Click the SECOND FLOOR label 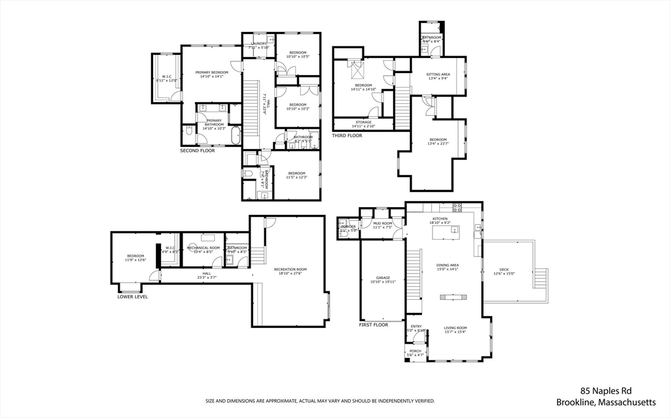coord(198,151)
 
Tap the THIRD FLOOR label coord(347,136)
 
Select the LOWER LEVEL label coord(132,297)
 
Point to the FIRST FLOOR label coord(374,325)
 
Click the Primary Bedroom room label coord(211,72)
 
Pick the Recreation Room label coord(290,269)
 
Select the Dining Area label coord(448,265)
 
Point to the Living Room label coord(455,329)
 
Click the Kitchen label coord(440,219)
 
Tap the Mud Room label coord(382,223)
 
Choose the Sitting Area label coord(438,74)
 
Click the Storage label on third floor coord(364,123)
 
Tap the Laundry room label coord(258,44)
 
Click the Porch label coord(415,351)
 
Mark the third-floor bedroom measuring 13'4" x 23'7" coord(438,140)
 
